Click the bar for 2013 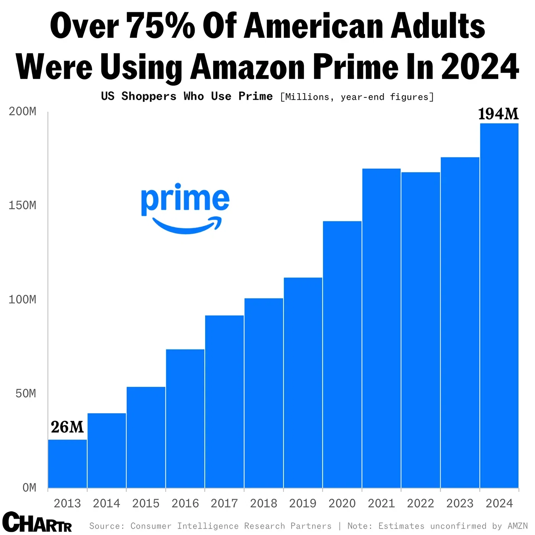pos(67,464)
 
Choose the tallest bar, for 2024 pos(499,305)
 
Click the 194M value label pos(498,114)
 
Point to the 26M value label pos(67,427)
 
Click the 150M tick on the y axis pos(23,205)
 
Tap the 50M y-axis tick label pos(26,394)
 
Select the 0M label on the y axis pos(29,488)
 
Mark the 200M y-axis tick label pos(23,112)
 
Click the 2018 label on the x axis pos(263,503)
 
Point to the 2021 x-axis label pos(381,503)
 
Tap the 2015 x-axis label pos(146,503)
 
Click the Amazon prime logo pos(185,208)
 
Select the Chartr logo pos(37,522)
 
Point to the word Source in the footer pos(107,526)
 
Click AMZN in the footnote pos(517,526)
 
